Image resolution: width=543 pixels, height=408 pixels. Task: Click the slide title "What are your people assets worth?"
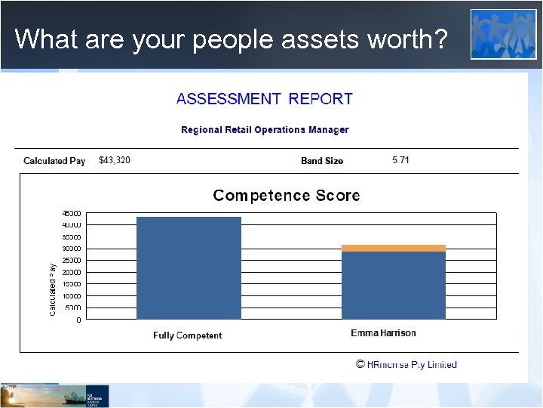pyautogui.click(x=230, y=39)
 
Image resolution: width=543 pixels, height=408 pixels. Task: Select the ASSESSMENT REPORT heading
pyautogui.click(x=264, y=99)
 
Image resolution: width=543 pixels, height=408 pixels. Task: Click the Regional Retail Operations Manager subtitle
pyautogui.click(x=265, y=130)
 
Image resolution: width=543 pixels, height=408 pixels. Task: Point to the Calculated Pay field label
pyautogui.click(x=54, y=161)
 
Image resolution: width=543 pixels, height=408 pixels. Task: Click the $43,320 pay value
pyautogui.click(x=115, y=160)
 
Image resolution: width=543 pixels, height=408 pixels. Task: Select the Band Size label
pyautogui.click(x=322, y=161)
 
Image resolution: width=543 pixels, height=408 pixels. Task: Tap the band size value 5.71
pyautogui.click(x=401, y=160)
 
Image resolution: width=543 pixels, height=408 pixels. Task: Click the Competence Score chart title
pyautogui.click(x=287, y=196)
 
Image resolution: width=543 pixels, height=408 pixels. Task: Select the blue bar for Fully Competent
pyautogui.click(x=189, y=268)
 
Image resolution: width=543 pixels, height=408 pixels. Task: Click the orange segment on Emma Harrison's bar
pyautogui.click(x=394, y=248)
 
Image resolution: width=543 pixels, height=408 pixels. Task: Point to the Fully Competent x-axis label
pyautogui.click(x=188, y=335)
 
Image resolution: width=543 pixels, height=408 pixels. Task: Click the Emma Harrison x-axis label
pyautogui.click(x=383, y=333)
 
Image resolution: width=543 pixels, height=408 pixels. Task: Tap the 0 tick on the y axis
pyautogui.click(x=78, y=320)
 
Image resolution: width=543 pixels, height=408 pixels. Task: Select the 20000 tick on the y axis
pyautogui.click(x=72, y=272)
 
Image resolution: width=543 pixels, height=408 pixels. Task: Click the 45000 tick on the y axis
pyautogui.click(x=72, y=213)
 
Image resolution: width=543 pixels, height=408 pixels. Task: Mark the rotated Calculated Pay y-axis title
pyautogui.click(x=53, y=289)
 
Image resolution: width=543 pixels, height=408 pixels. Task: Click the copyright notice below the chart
pyautogui.click(x=406, y=365)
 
